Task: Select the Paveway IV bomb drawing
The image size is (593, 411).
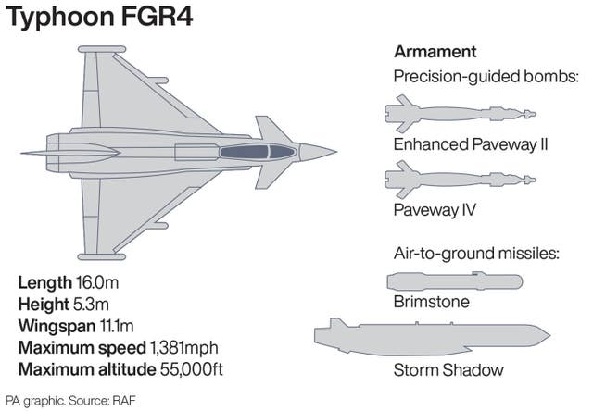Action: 458,178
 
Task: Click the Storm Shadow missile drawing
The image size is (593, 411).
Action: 431,336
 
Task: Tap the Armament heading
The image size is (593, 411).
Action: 435,51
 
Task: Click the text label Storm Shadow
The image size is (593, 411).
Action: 448,370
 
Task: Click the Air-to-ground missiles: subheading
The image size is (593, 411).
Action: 475,252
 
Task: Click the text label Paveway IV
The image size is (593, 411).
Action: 435,209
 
